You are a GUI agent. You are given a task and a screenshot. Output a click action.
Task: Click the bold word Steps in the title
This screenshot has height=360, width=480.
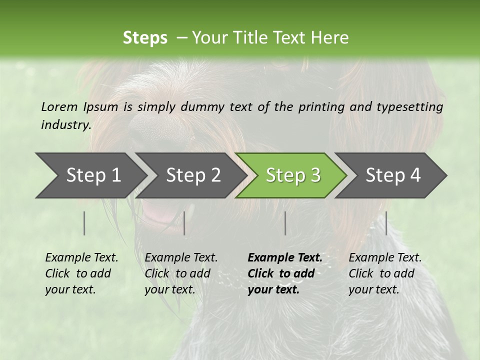(x=145, y=38)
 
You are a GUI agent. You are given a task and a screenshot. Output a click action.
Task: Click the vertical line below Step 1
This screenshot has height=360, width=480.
(x=84, y=223)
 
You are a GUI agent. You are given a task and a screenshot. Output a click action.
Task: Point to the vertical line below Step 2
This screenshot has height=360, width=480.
(x=184, y=223)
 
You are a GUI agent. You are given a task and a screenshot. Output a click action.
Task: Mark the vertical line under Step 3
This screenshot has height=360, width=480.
(x=285, y=223)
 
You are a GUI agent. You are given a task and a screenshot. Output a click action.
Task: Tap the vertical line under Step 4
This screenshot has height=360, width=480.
(x=386, y=223)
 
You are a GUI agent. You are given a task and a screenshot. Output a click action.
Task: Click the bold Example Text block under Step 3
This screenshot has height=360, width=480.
(x=285, y=273)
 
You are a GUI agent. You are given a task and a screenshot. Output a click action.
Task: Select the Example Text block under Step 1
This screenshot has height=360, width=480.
(x=81, y=273)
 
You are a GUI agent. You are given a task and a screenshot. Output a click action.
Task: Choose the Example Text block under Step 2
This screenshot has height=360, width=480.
(x=181, y=273)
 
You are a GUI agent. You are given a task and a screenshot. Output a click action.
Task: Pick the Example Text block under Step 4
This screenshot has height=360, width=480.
(x=385, y=273)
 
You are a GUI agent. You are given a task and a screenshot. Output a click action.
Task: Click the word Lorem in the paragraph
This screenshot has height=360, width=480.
(x=59, y=107)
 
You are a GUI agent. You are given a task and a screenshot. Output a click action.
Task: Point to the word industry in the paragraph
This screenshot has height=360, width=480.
(x=66, y=125)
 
